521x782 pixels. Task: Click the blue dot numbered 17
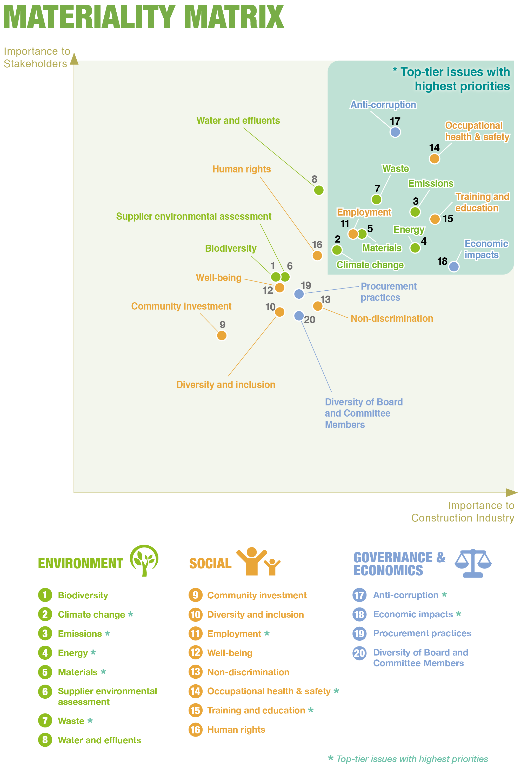point(395,132)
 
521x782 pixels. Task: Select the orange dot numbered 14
point(434,158)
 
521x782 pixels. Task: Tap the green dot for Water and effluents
point(319,190)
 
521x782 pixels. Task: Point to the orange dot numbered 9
point(222,335)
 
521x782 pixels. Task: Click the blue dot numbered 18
point(454,266)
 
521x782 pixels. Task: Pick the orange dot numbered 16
point(317,256)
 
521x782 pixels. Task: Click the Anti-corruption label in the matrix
point(383,105)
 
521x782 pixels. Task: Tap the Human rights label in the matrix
point(242,169)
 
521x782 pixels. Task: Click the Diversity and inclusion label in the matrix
point(226,384)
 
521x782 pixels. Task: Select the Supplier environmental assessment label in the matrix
point(193,216)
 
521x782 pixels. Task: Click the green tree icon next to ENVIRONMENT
point(144,560)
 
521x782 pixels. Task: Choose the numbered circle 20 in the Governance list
point(359,653)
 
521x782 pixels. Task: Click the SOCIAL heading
point(210,563)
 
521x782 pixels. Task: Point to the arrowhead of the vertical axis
point(75,59)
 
